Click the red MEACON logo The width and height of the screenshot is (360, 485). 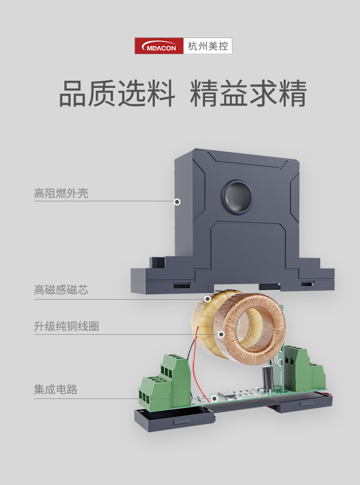tap(159, 46)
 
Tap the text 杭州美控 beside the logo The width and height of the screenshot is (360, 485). tap(208, 46)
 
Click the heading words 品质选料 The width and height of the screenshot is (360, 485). tap(117, 93)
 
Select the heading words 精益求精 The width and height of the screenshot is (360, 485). tap(248, 93)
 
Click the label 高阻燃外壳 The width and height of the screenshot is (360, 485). tap(61, 194)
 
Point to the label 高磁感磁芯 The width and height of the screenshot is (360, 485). tap(61, 290)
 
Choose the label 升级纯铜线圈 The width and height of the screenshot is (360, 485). tap(67, 326)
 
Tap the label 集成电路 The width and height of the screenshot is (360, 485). tap(56, 389)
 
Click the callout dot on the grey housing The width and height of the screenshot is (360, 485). tap(177, 202)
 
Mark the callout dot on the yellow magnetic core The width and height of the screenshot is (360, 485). tap(208, 299)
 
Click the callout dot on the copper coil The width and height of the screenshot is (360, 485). tap(221, 334)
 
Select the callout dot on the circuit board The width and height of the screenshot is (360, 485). tap(214, 398)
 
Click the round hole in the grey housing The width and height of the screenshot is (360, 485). tap(237, 196)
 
